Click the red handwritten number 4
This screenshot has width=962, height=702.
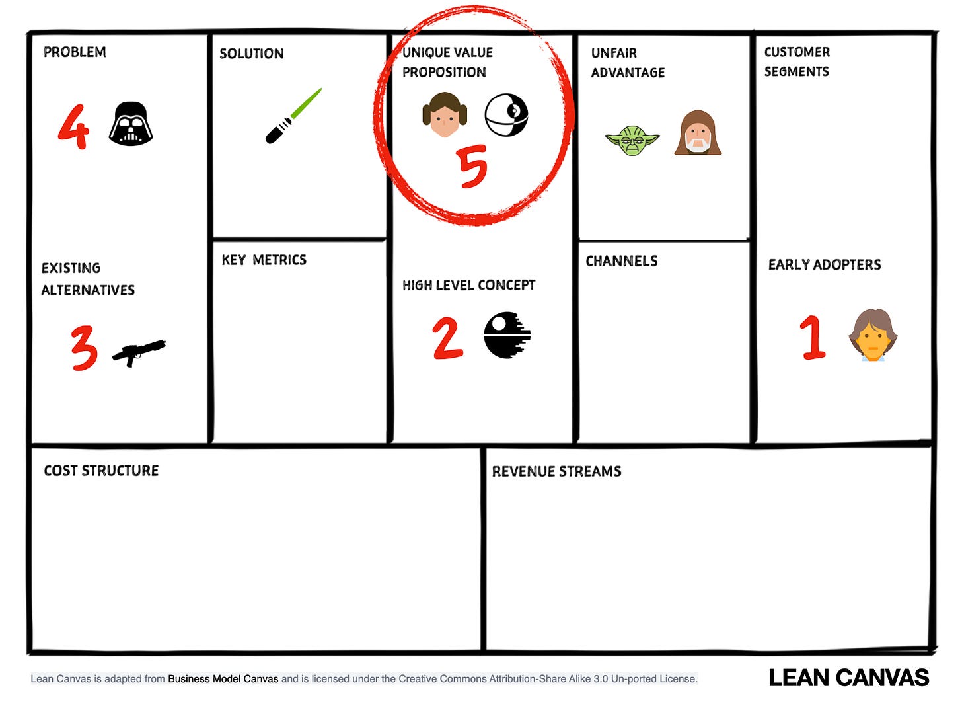pos(74,127)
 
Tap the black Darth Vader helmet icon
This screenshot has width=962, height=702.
pos(131,124)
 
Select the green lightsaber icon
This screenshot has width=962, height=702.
pos(293,116)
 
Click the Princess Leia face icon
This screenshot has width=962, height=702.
pos(445,114)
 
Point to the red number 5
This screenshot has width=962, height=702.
pos(472,167)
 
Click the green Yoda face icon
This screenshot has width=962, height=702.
pos(632,141)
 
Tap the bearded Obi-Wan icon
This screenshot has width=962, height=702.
pos(698,132)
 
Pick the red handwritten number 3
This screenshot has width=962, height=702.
pos(84,348)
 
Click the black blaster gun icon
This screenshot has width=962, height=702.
pos(139,353)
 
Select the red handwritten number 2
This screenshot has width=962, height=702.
pos(448,338)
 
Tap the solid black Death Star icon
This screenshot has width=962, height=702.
pos(507,335)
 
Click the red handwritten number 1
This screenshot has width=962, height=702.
pos(813,337)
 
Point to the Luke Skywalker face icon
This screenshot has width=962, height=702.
pos(873,335)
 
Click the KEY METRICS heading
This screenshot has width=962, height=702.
pos(264,260)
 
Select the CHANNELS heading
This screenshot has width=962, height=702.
pos(622,261)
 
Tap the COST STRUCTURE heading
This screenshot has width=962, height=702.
pos(101,471)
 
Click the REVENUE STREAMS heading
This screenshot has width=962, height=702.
pos(556,472)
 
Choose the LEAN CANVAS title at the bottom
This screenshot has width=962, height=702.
pos(849,678)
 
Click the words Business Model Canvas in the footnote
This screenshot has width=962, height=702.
pos(223,679)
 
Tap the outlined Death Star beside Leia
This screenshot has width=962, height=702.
pos(506,115)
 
